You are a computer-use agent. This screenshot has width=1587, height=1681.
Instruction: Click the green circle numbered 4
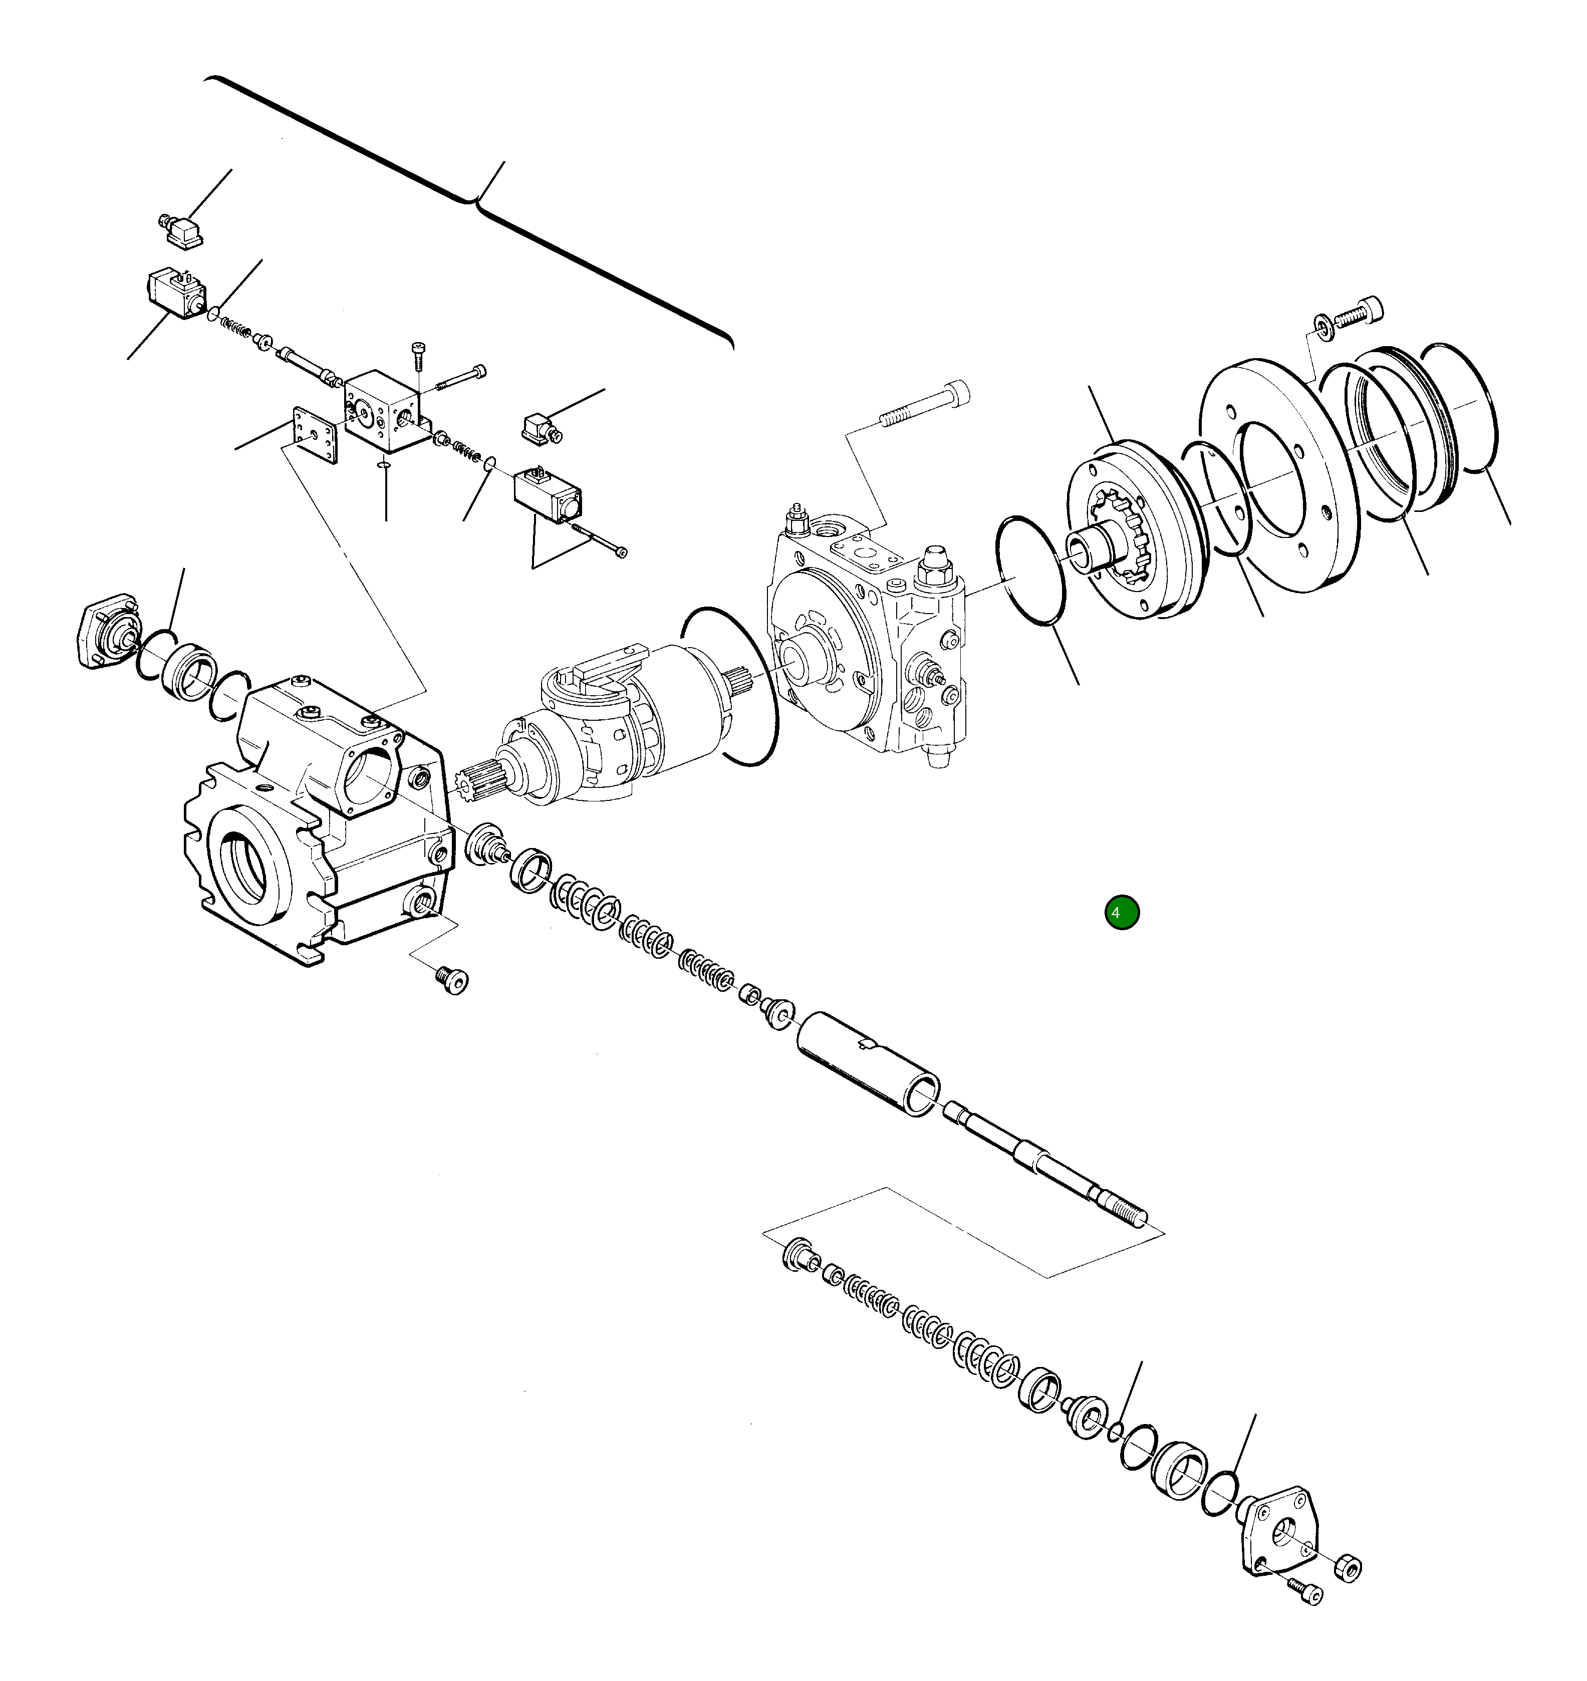tap(1122, 913)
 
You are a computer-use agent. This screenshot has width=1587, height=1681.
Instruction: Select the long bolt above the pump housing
tap(926, 404)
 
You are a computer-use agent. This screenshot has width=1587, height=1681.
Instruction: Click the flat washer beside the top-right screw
tap(1322, 325)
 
